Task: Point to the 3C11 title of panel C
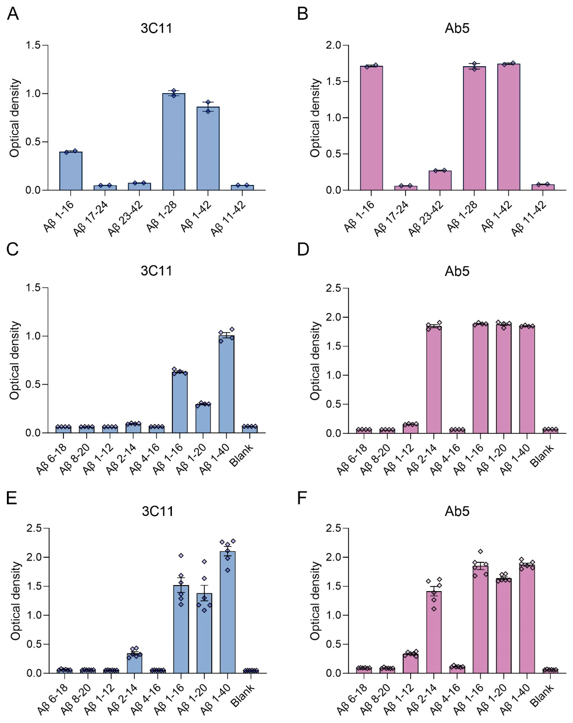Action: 156,271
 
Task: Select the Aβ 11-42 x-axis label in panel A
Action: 229,219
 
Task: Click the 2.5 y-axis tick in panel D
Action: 333,288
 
